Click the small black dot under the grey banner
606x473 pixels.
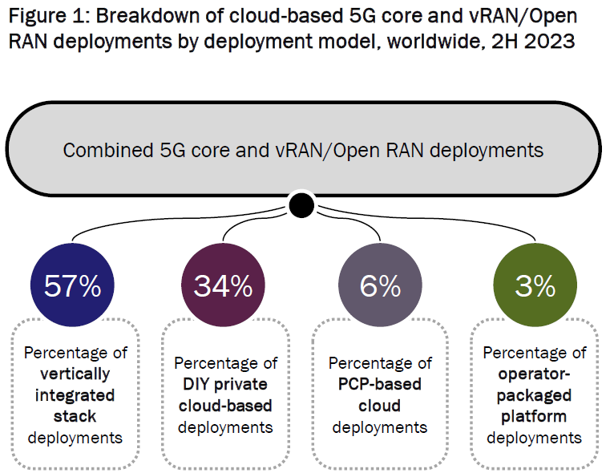tap(301, 206)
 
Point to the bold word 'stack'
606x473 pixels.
tap(76, 416)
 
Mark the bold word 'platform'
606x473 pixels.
tap(535, 416)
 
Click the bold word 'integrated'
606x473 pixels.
tap(76, 394)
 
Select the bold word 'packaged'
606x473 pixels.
tap(535, 394)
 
